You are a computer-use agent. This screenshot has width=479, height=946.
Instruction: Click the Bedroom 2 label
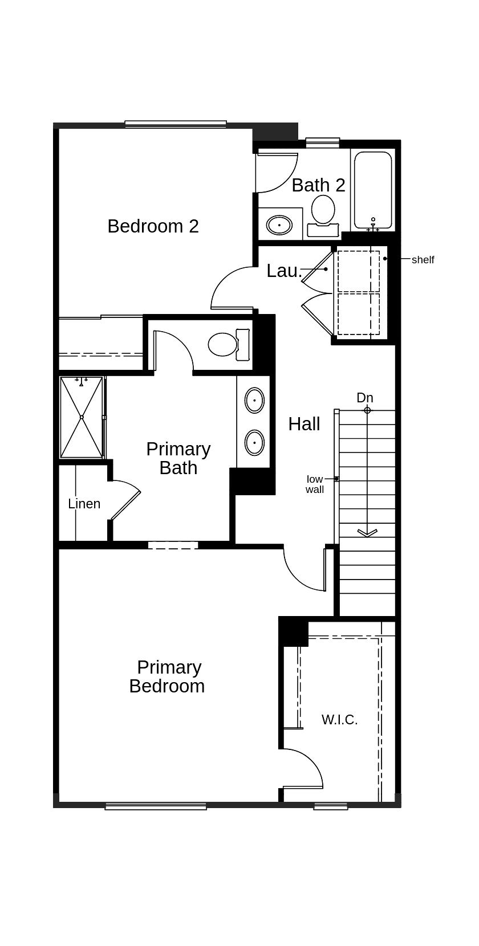(x=153, y=226)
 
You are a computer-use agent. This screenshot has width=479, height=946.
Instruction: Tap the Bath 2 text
(x=318, y=185)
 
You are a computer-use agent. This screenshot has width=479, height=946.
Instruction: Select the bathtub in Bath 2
(x=373, y=190)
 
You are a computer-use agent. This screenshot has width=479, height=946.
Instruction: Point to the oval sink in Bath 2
(x=279, y=225)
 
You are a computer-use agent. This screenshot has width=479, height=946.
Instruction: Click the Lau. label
(x=284, y=271)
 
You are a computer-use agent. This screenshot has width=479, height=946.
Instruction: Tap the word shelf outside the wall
(x=423, y=260)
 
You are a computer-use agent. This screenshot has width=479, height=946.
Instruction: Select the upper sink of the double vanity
(x=254, y=400)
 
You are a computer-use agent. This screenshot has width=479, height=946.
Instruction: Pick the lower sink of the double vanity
(x=254, y=442)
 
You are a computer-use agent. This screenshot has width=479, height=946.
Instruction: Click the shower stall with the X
(x=82, y=417)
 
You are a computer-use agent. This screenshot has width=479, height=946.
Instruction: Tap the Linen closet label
(x=84, y=504)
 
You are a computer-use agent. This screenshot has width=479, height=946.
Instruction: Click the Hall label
(x=304, y=424)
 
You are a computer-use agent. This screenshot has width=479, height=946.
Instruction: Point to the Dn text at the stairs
(x=365, y=398)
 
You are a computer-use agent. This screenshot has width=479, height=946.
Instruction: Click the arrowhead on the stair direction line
(x=367, y=533)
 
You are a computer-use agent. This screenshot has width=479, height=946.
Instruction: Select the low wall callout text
(x=315, y=484)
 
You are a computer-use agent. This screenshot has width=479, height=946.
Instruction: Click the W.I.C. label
(x=340, y=720)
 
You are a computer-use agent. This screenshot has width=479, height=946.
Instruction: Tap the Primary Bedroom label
(x=168, y=676)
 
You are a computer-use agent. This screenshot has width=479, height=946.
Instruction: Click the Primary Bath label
(x=178, y=458)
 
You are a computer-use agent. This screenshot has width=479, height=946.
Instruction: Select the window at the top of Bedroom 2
(x=176, y=124)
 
